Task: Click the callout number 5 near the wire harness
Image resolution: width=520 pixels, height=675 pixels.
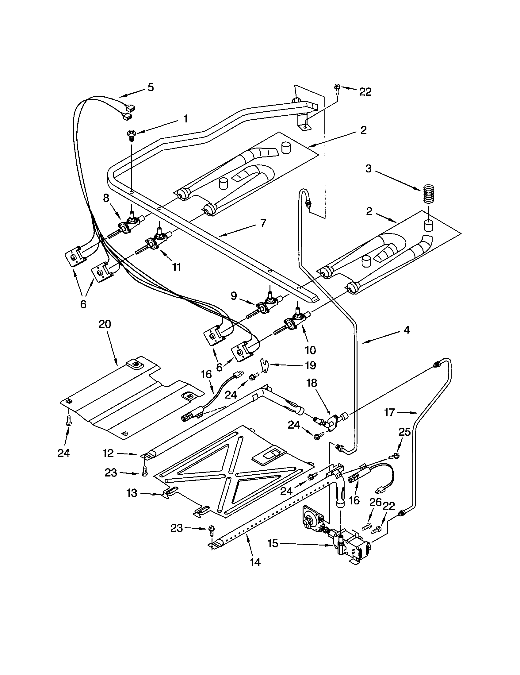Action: point(150,87)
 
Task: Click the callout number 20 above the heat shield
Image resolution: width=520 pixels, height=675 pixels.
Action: point(105,324)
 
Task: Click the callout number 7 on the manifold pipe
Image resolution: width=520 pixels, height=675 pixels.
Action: point(263,223)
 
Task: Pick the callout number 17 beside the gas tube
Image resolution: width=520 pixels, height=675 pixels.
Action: point(390,412)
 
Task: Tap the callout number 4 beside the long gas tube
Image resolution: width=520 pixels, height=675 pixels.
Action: point(407,330)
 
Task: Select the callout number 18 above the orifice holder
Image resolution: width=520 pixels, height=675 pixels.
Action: point(312,383)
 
